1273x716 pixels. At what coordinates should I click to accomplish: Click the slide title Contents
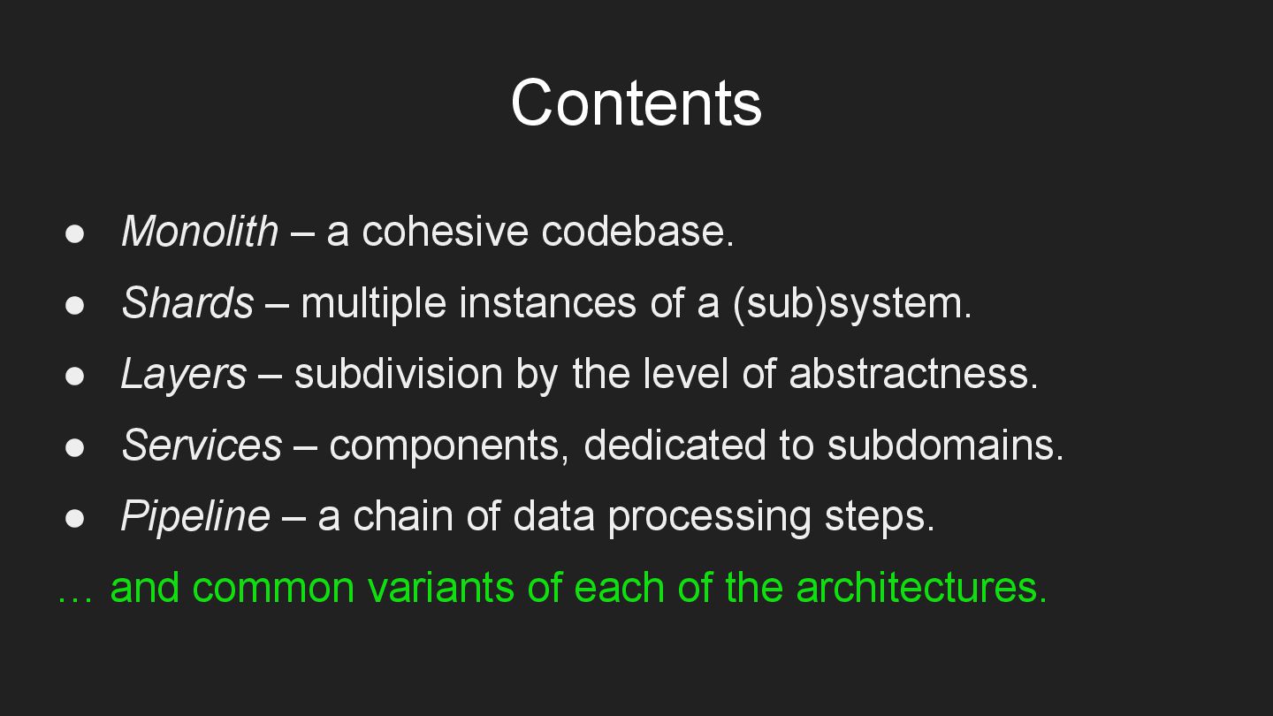pos(636,103)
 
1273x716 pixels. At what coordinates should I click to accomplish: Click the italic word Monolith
pos(200,232)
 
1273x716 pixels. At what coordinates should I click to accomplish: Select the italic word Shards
pos(187,303)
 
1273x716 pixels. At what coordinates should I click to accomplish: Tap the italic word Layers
pos(183,374)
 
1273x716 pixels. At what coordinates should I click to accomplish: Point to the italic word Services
pos(202,445)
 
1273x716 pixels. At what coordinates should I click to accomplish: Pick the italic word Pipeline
pos(194,516)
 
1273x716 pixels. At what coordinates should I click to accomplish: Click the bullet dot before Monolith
pos(74,233)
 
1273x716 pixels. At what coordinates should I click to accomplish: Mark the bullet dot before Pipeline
pos(74,518)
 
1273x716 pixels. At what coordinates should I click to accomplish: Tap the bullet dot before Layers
pos(74,376)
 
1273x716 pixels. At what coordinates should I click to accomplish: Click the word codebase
pos(637,232)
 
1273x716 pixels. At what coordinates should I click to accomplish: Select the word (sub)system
pos(851,303)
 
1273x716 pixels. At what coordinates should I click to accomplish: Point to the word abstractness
pos(912,374)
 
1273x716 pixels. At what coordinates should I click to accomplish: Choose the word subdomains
pos(945,445)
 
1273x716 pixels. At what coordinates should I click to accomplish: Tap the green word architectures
pos(921,587)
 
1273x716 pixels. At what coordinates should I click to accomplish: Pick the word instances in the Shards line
pos(548,303)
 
